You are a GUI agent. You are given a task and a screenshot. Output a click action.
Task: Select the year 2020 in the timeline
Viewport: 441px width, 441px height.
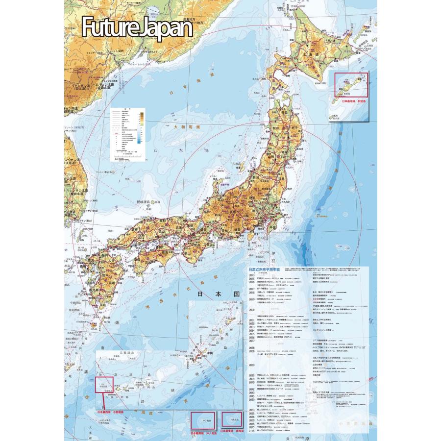(253, 310)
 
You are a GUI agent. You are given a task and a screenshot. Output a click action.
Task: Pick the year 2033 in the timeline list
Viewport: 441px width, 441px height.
(253, 366)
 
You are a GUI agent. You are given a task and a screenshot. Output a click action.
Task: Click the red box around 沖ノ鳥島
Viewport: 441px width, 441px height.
(202, 420)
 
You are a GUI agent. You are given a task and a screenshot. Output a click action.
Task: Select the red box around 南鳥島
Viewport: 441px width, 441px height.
(232, 419)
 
